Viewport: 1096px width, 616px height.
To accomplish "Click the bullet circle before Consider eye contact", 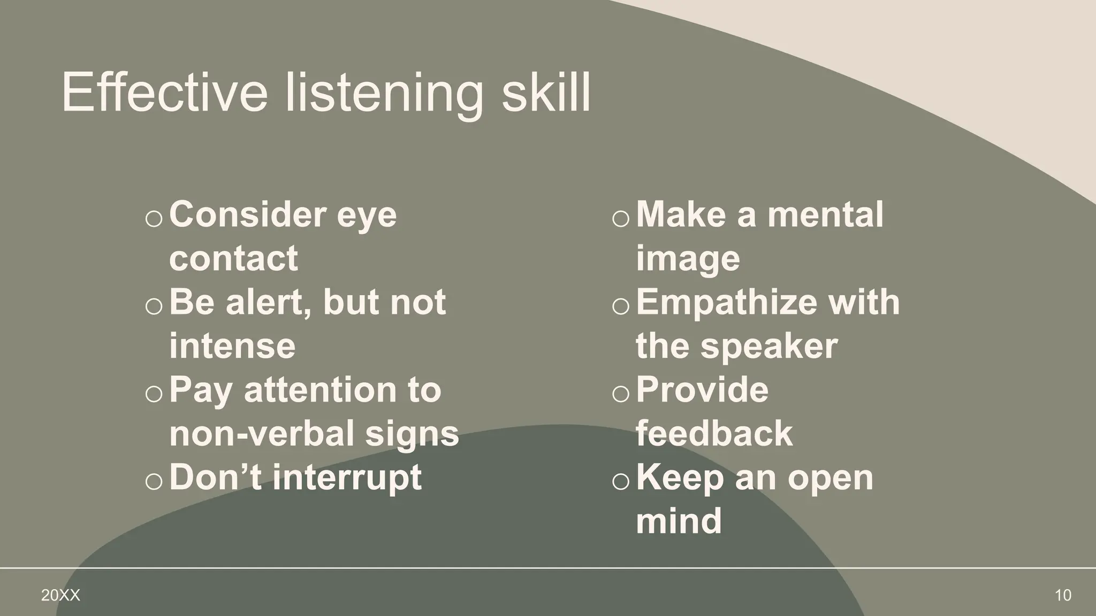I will tap(154, 219).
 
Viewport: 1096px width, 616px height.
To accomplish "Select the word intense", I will tap(232, 346).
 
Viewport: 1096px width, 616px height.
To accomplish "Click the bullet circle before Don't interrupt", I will tap(154, 481).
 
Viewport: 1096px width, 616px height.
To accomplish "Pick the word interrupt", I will tap(347, 478).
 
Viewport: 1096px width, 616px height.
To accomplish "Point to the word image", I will tap(688, 259).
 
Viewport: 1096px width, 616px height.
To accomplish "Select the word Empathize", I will tap(727, 303).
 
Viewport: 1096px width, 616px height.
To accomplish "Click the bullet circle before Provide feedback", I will tap(621, 394).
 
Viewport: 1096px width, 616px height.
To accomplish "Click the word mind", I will tap(679, 521).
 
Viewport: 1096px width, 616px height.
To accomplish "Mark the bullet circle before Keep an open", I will tap(621, 481).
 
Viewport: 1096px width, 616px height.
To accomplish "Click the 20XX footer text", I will tap(60, 595).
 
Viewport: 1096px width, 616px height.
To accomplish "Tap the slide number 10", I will tap(1063, 595).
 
